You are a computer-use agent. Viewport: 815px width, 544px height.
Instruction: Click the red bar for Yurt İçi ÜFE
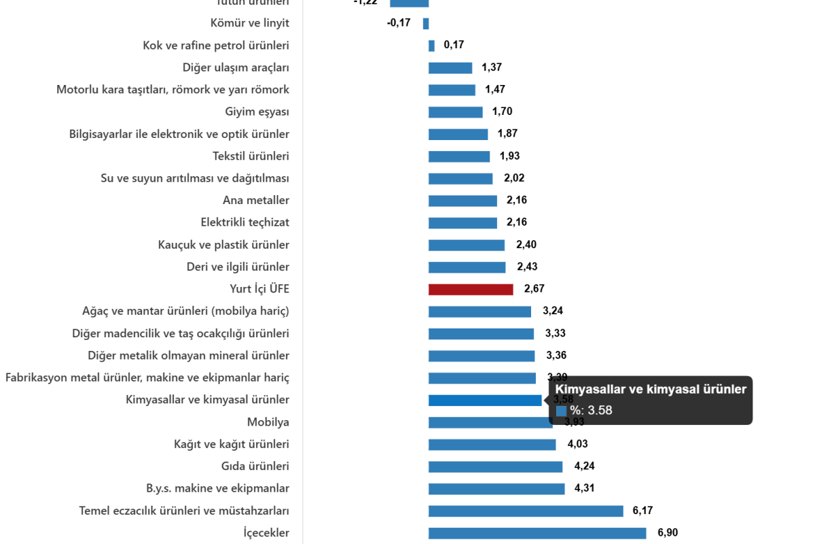tap(471, 290)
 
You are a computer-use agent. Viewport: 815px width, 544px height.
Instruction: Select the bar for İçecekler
tap(537, 534)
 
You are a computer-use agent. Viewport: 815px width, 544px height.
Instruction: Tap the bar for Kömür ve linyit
tap(426, 24)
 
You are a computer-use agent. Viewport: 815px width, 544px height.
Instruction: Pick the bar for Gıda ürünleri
tap(495, 467)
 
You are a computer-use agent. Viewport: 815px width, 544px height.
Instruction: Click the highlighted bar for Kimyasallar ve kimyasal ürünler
tap(485, 401)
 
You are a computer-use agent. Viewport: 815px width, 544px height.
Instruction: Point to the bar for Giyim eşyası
tap(456, 112)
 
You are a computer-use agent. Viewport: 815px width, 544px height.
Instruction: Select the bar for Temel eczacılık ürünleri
tap(525, 511)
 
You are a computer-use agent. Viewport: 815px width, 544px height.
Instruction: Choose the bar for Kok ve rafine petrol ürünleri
tap(432, 46)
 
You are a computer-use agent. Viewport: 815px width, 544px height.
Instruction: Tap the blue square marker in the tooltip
tap(561, 411)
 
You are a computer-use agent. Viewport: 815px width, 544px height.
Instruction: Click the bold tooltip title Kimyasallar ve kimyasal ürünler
tap(651, 390)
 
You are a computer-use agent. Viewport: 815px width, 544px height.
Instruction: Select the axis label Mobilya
tap(268, 422)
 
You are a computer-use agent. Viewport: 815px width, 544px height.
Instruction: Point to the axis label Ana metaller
tap(256, 201)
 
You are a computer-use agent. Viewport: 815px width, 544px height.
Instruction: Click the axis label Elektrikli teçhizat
tap(245, 222)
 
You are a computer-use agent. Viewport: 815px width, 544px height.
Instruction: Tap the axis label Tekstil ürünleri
tap(251, 156)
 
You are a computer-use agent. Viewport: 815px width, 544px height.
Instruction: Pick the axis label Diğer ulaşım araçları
tap(236, 67)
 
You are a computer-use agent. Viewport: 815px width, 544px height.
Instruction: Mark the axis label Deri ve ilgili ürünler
tap(238, 267)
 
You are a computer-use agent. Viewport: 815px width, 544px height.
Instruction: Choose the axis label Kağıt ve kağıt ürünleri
tap(232, 445)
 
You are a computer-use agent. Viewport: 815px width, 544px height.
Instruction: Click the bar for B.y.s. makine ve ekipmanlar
tap(496, 489)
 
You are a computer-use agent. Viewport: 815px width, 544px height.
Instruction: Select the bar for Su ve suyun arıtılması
tap(460, 179)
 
